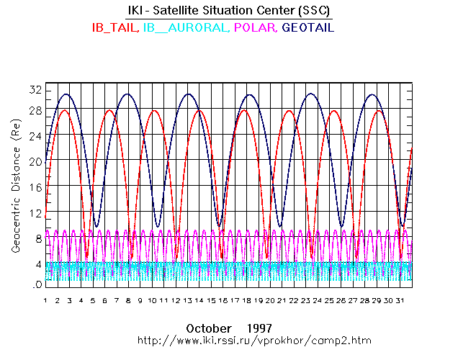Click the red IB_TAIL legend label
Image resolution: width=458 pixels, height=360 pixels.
114,28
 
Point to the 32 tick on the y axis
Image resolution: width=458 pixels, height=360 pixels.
34,90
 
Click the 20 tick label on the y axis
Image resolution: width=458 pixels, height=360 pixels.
34,161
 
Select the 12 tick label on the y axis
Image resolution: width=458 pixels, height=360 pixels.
34,213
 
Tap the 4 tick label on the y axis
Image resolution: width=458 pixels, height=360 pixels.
36,264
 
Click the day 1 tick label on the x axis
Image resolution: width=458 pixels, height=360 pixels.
45,300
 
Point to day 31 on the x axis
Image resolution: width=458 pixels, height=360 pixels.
400,300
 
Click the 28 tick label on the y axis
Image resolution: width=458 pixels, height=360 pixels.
34,110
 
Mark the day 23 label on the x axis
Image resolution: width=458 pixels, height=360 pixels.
305,300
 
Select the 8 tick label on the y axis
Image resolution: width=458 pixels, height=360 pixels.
36,238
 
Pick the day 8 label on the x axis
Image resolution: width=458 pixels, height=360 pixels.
128,300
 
